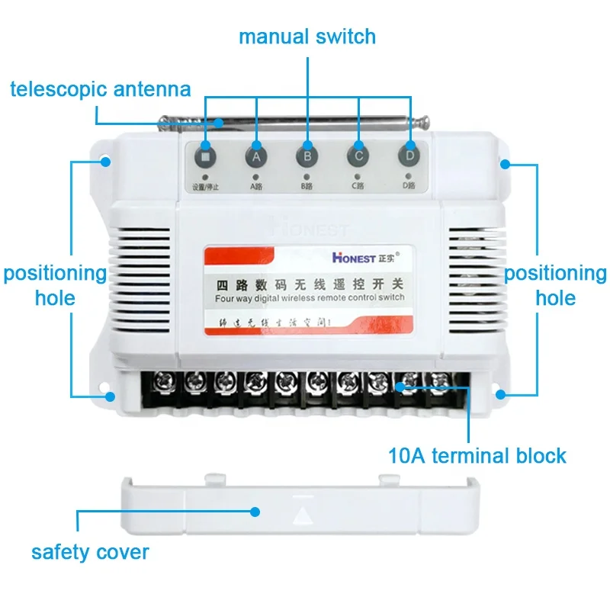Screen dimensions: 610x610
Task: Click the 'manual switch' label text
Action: click(x=307, y=36)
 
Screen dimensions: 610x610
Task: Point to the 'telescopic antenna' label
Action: click(x=100, y=89)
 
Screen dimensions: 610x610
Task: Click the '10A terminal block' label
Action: click(x=477, y=456)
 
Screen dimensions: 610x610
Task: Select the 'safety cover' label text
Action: click(x=90, y=551)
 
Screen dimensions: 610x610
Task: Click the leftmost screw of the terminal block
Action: click(x=162, y=380)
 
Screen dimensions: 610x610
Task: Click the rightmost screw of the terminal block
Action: click(x=439, y=380)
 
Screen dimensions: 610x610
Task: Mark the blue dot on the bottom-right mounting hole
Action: click(x=500, y=394)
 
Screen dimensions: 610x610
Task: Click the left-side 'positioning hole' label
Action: click(x=55, y=284)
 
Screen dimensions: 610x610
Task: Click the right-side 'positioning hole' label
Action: click(x=555, y=284)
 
